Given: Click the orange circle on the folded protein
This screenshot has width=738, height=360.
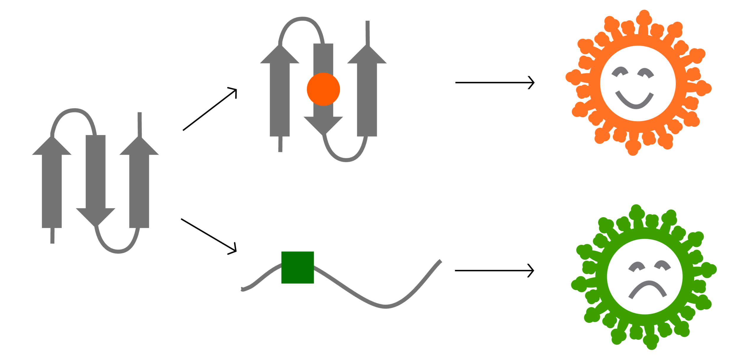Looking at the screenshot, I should (x=323, y=89).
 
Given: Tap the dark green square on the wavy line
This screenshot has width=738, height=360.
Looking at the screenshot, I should (x=297, y=267).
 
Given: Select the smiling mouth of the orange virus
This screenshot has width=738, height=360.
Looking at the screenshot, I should (x=634, y=102).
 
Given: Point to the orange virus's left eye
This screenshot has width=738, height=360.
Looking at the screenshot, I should (x=620, y=71).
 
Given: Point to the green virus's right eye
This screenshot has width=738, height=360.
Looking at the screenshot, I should (x=662, y=265).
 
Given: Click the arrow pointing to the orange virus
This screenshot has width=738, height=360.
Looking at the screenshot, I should (x=494, y=83).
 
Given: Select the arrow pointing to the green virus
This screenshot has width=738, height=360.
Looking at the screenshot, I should (x=494, y=271).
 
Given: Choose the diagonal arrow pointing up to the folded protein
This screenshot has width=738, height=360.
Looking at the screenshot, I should (x=210, y=109).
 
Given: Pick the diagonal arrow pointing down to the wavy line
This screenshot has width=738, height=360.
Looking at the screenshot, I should (x=208, y=235).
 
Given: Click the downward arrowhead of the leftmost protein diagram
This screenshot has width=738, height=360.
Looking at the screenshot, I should (x=95, y=218).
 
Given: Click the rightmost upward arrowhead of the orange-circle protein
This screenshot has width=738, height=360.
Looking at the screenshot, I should (x=367, y=55).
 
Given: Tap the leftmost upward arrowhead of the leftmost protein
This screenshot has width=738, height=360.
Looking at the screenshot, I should (x=52, y=147).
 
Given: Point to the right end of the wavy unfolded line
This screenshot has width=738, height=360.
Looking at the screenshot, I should (x=440, y=261).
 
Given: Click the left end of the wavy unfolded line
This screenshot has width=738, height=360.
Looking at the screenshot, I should (x=243, y=289).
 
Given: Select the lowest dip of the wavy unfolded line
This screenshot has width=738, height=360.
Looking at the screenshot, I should (x=386, y=306).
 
